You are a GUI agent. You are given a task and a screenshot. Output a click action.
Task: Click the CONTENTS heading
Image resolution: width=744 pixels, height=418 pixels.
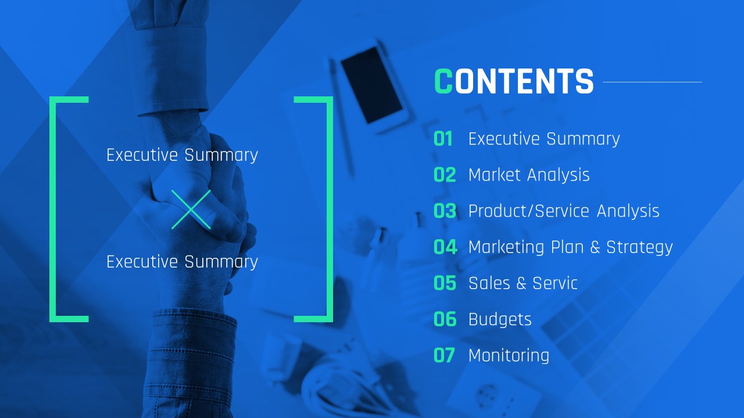pos(514,81)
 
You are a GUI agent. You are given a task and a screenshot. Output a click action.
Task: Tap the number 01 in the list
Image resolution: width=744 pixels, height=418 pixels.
pos(443,139)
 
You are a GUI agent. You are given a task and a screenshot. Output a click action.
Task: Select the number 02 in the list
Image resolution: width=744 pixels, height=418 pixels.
pos(445,175)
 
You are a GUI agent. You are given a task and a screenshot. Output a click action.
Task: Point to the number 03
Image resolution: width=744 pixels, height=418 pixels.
pos(445,211)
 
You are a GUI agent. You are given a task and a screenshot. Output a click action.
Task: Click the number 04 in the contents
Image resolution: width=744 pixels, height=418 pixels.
pos(445,247)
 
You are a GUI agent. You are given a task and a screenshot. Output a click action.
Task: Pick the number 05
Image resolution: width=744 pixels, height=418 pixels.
pos(445,283)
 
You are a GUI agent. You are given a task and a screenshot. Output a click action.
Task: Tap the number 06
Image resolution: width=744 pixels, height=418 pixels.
pos(445,319)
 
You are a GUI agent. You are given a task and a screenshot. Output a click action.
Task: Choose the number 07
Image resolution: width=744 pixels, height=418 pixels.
pos(444,355)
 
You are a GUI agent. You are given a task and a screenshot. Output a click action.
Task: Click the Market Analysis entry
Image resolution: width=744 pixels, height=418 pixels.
pos(529,175)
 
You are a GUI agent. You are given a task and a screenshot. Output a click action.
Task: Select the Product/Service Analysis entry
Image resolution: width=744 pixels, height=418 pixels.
pos(564,211)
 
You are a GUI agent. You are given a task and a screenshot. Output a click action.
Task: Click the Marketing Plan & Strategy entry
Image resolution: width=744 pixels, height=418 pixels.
pos(571,248)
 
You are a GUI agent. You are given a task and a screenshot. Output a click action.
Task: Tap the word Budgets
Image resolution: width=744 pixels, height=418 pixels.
pos(500,320)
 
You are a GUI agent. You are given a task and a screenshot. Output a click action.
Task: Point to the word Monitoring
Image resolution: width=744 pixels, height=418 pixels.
pos(509,356)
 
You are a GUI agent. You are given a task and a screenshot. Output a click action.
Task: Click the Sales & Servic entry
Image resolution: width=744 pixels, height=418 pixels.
pos(523,283)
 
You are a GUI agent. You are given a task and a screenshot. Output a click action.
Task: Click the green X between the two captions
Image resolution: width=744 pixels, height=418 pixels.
pos(191,210)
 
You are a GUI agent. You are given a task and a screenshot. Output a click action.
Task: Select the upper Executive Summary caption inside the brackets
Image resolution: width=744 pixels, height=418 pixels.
pos(182,155)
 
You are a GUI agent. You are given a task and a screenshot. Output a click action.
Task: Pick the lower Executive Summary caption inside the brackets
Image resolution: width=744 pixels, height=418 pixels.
pos(182,262)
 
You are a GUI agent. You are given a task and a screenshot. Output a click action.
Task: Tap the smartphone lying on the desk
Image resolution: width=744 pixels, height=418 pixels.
pos(372,84)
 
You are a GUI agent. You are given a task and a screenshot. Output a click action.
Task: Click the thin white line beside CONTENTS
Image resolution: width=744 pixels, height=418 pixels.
pos(652,82)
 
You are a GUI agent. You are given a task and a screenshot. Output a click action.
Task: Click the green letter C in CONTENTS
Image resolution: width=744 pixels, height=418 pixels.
pos(443,81)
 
